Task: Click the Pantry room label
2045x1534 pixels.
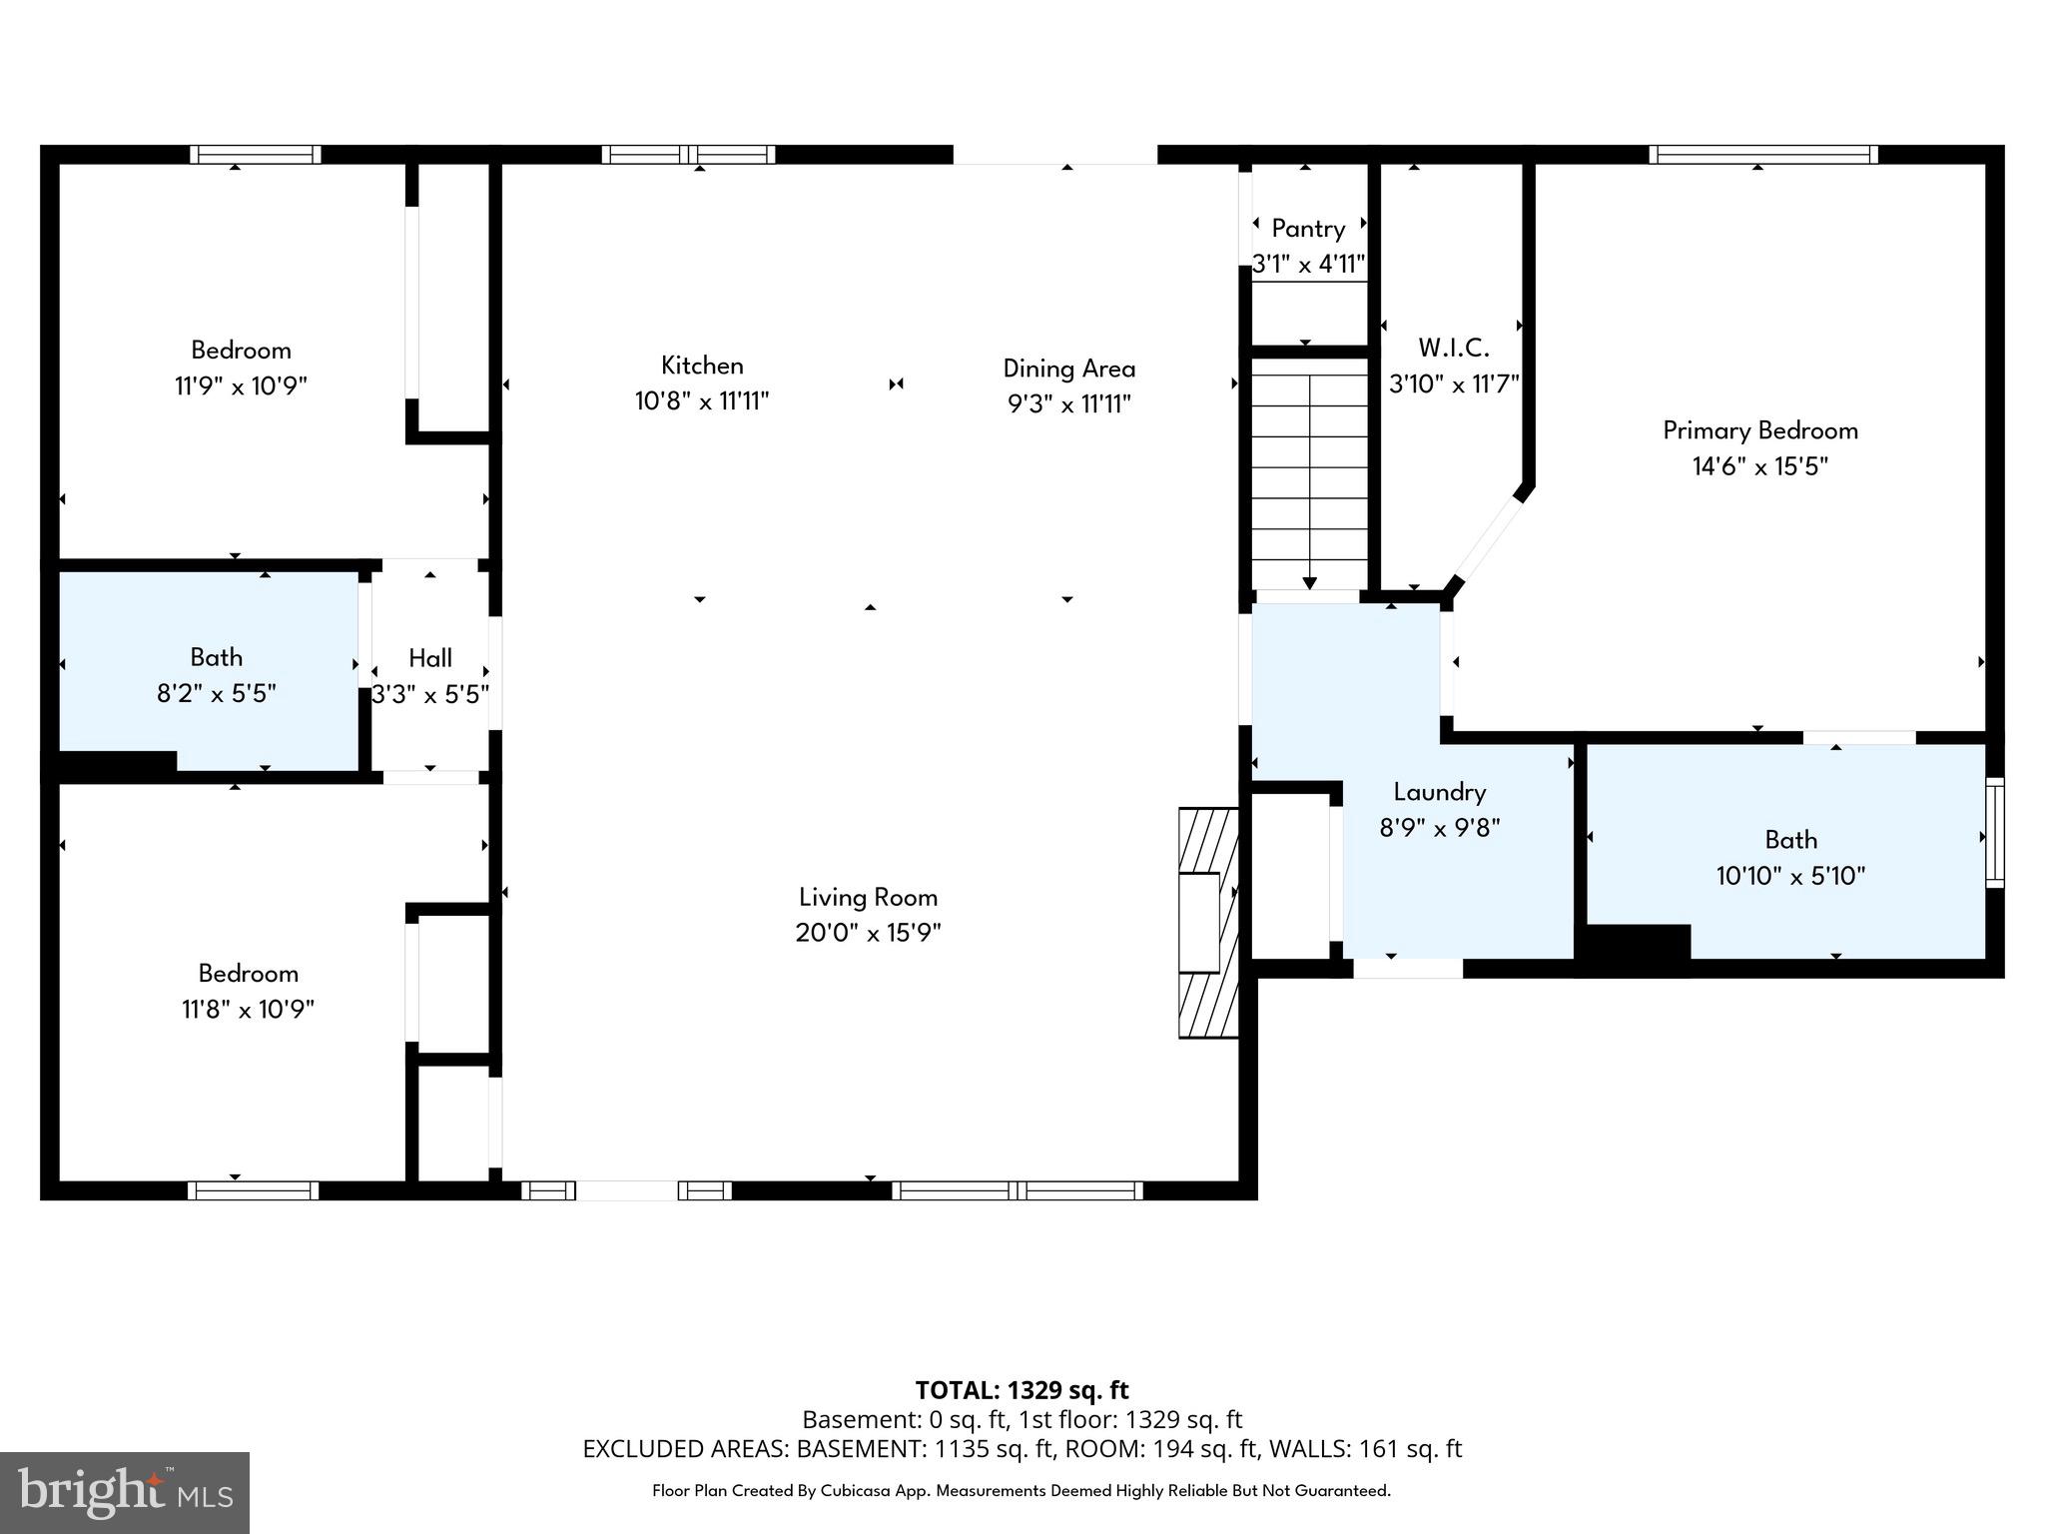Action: click(1308, 229)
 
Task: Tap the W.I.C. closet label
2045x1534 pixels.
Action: click(1454, 349)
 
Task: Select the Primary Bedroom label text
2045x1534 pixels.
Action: click(1759, 430)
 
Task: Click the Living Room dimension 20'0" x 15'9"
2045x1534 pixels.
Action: click(868, 933)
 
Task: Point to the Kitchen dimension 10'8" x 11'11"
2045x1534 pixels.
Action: click(702, 401)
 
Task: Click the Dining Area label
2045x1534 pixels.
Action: click(1068, 369)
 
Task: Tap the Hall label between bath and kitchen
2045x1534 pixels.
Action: click(430, 658)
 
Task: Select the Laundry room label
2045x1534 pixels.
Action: click(1439, 792)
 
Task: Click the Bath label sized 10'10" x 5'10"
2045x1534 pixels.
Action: click(1790, 840)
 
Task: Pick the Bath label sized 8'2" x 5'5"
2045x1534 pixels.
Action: click(217, 657)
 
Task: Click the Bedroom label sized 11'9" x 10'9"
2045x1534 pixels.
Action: click(241, 351)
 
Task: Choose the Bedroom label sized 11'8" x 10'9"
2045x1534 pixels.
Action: click(248, 974)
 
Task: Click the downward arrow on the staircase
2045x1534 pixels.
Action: click(1309, 582)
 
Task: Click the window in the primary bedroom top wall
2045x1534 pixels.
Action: click(1763, 155)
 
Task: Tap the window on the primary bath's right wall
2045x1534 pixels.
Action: click(1994, 832)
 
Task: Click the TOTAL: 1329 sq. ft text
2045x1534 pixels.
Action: click(1022, 1390)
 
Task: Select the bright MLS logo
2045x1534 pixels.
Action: click(125, 1492)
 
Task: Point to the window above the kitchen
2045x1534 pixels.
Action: click(688, 155)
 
